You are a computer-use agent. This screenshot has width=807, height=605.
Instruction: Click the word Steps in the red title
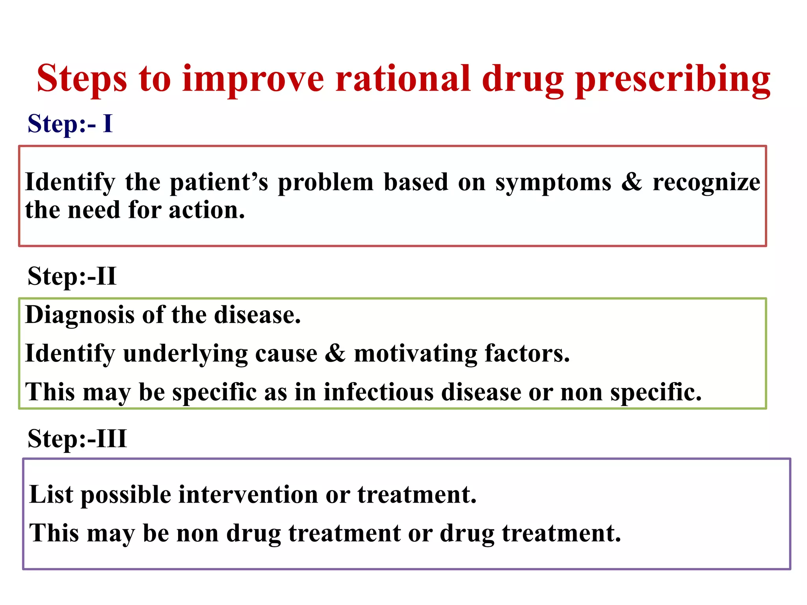[82, 79]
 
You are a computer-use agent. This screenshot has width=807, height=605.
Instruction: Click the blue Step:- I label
[70, 124]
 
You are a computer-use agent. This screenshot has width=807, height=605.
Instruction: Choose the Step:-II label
[72, 276]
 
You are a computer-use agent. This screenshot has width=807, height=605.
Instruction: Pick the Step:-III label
[77, 438]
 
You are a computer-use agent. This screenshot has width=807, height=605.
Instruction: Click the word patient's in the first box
[219, 182]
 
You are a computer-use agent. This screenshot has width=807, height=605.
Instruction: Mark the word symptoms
[553, 182]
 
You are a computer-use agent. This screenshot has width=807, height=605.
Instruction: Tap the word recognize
[706, 182]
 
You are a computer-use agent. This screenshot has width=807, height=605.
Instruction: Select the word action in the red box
[206, 210]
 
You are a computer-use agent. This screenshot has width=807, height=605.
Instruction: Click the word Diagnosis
[80, 315]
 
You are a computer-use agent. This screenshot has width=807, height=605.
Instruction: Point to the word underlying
[185, 353]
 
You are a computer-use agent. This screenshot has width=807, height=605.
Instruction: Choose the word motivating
[415, 353]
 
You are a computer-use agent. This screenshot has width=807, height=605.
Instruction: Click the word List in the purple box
[51, 494]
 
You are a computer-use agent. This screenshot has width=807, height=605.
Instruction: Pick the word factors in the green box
[527, 353]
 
